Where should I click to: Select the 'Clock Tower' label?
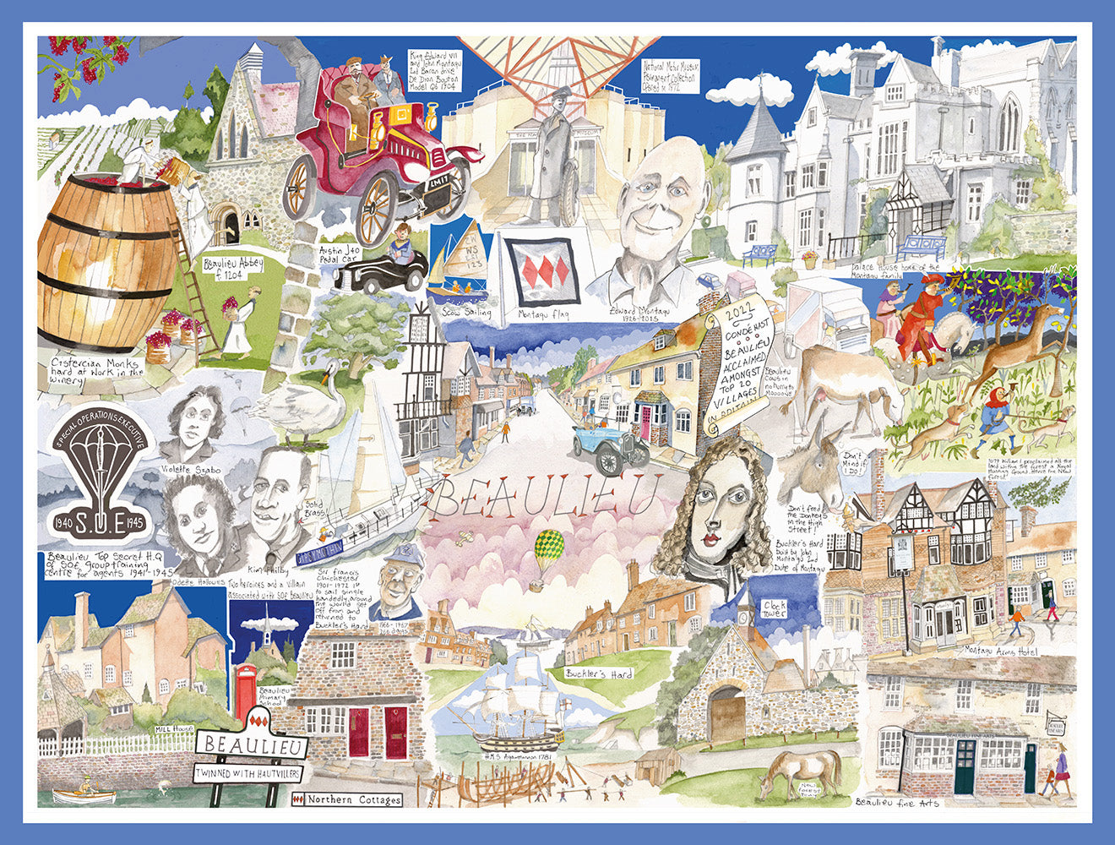[773, 608]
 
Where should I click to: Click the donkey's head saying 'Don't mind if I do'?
[812, 469]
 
